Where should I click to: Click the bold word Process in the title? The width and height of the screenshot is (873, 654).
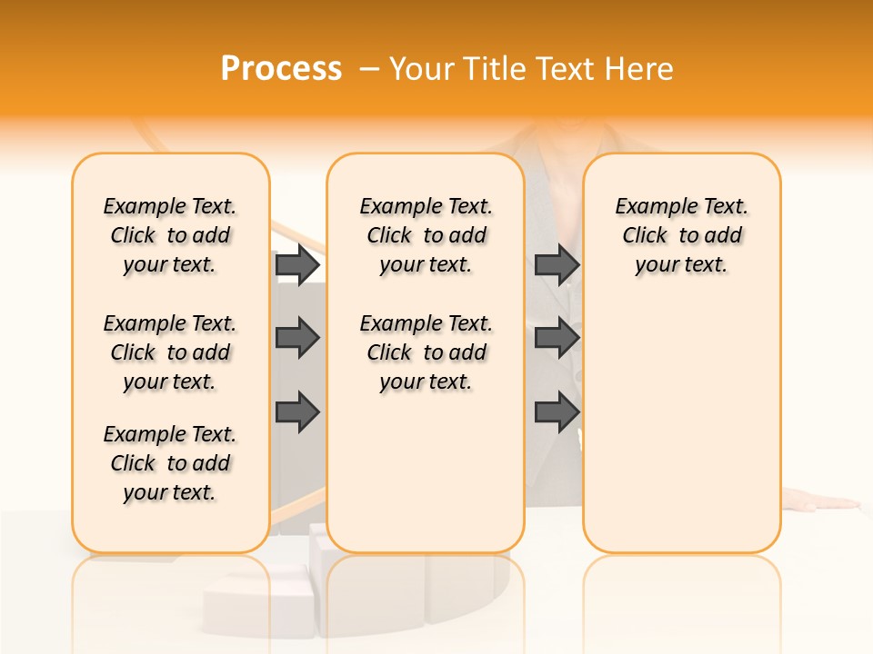(281, 69)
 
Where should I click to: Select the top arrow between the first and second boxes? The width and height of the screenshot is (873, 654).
(297, 264)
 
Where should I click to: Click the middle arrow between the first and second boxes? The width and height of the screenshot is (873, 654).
(297, 338)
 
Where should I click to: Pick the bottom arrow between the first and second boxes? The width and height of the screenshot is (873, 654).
(297, 412)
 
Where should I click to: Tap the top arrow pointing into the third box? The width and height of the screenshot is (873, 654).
(557, 264)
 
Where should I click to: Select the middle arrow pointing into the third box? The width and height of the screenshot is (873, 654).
(557, 338)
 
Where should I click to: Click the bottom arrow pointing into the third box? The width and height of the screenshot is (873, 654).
(557, 412)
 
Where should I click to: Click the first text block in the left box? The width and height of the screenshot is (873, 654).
(170, 235)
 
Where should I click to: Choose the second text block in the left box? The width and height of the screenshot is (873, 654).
(170, 352)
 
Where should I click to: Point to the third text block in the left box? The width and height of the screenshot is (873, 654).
(170, 463)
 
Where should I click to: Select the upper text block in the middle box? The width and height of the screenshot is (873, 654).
(426, 235)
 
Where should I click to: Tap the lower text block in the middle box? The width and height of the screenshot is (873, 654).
(426, 352)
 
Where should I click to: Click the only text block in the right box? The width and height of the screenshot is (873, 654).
(681, 235)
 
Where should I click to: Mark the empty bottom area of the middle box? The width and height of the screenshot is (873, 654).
(426, 481)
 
